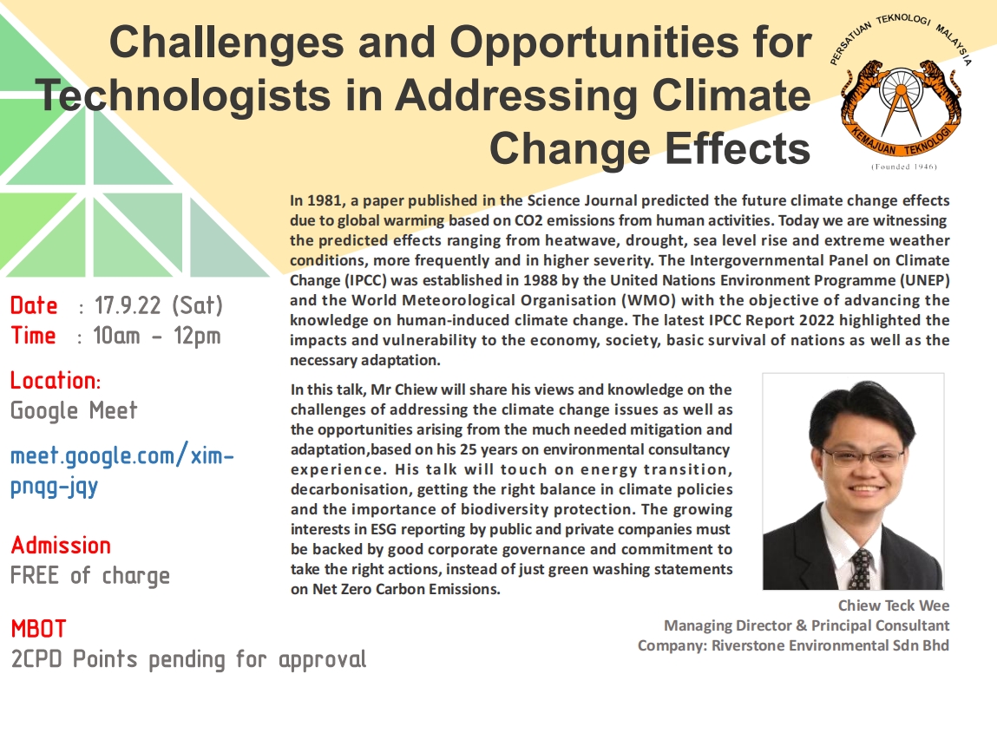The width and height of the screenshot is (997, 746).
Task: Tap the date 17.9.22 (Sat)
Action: click(158, 305)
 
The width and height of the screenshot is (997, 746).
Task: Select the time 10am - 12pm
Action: click(156, 336)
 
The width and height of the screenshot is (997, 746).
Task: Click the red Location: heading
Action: click(56, 380)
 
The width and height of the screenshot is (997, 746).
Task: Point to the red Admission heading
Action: click(61, 546)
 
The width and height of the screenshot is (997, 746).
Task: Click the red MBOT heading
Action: click(38, 628)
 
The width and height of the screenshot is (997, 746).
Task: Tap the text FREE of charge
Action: click(90, 576)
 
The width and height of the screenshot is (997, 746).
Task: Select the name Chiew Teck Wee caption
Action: click(894, 605)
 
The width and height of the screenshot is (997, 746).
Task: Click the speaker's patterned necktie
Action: click(862, 569)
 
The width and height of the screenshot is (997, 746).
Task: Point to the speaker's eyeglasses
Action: click(863, 457)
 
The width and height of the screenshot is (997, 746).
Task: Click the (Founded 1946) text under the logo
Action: click(903, 167)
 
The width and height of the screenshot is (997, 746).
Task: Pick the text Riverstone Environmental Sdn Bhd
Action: click(830, 645)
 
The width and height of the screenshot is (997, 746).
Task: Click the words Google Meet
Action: click(74, 411)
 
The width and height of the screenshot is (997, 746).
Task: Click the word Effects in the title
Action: click(738, 148)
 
